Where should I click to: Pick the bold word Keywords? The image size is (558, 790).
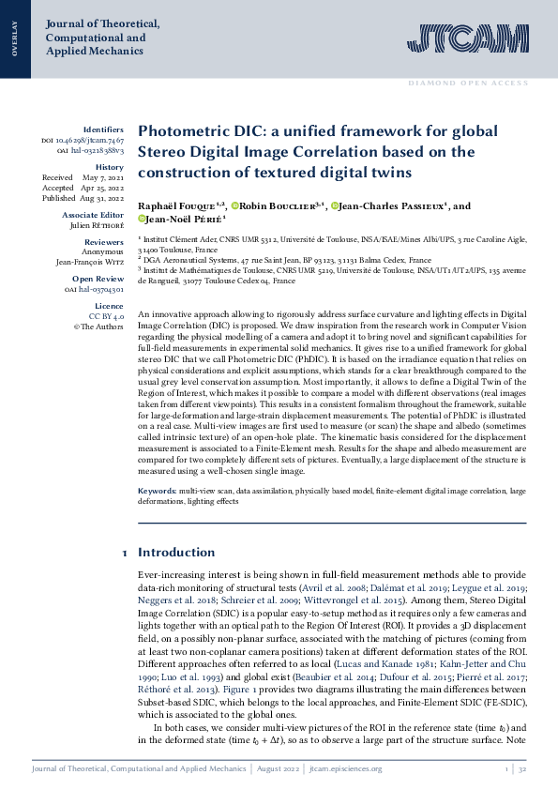point(157,492)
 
